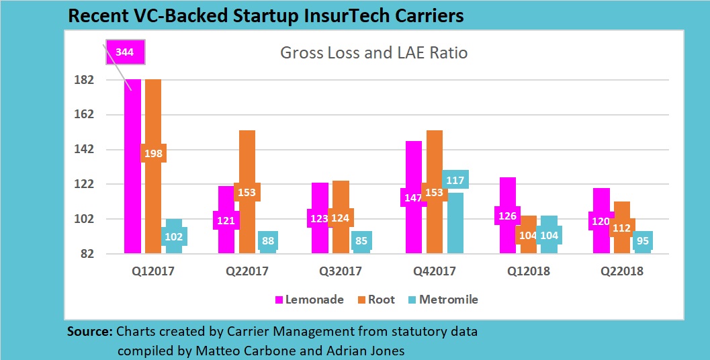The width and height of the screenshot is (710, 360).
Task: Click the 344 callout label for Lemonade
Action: pyautogui.click(x=124, y=52)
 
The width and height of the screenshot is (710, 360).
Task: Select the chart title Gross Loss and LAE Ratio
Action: pyautogui.click(x=373, y=53)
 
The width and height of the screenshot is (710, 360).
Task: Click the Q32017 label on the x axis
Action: pyautogui.click(x=341, y=271)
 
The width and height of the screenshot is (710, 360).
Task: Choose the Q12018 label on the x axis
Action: pyautogui.click(x=528, y=271)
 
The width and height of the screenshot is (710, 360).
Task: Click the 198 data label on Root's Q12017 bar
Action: pyautogui.click(x=153, y=153)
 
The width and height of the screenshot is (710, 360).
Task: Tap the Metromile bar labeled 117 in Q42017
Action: pyautogui.click(x=455, y=222)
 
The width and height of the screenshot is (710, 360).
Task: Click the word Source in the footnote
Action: pyautogui.click(x=90, y=332)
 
